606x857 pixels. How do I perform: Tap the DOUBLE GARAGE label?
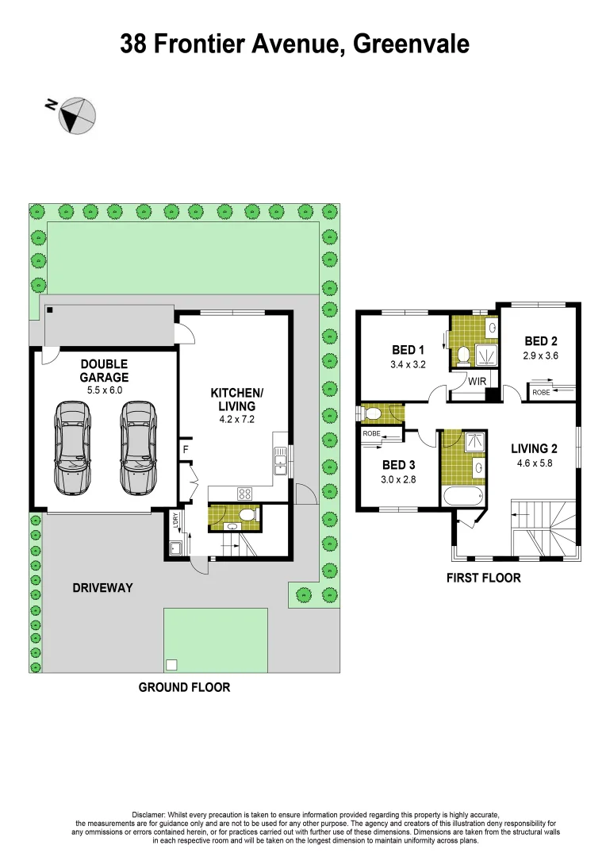(x=104, y=371)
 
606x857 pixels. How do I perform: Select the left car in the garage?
(x=71, y=446)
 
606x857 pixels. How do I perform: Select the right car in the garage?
(x=138, y=446)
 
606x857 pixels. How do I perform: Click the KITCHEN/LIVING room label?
(x=236, y=399)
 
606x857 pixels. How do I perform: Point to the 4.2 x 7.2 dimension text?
(x=236, y=420)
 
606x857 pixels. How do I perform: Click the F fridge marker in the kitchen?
(x=186, y=449)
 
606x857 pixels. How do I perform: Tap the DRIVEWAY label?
(x=102, y=588)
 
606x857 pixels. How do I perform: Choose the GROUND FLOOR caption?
(x=184, y=687)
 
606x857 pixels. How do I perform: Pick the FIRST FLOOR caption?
(x=484, y=578)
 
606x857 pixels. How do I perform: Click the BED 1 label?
(x=408, y=350)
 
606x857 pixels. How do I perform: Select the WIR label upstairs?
(x=478, y=382)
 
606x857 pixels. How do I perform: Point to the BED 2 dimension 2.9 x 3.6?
(x=541, y=356)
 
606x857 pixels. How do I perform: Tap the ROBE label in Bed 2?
(x=541, y=392)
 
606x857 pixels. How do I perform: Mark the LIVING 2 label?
(x=539, y=448)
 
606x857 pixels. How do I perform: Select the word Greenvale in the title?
(x=411, y=44)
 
